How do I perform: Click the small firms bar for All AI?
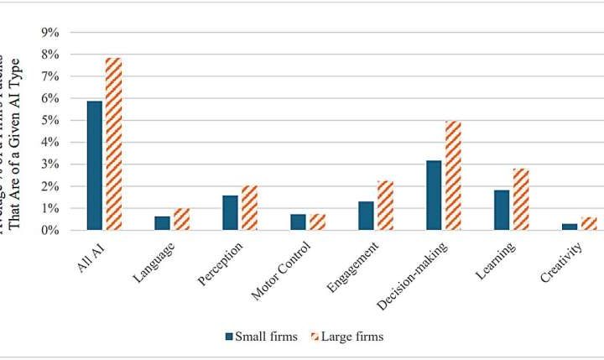click(x=94, y=165)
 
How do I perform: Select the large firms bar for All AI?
click(x=113, y=143)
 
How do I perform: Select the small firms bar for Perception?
click(x=230, y=212)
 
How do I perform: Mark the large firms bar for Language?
click(x=181, y=219)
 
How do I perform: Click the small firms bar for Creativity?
click(x=570, y=227)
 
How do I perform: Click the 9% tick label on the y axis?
click(x=52, y=33)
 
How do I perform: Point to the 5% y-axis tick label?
click(x=52, y=120)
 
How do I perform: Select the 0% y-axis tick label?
click(x=52, y=230)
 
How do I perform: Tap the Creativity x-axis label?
click(x=560, y=262)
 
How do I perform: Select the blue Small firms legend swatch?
click(x=229, y=337)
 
